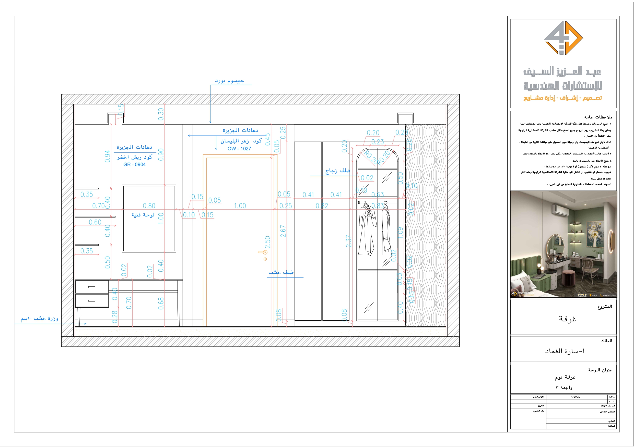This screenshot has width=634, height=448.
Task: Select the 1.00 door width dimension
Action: tap(240, 206)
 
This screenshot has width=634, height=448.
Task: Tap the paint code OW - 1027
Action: tap(239, 149)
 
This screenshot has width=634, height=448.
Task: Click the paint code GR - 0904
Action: tap(134, 164)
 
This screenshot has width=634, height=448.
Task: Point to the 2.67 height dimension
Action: tap(283, 231)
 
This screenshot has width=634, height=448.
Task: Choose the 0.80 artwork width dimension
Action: tap(149, 206)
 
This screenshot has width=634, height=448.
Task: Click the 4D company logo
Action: tap(563, 38)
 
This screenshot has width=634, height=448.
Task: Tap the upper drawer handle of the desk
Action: tap(92, 287)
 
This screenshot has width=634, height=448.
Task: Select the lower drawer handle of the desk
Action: tap(92, 301)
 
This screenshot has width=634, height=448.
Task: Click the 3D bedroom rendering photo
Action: tap(563, 244)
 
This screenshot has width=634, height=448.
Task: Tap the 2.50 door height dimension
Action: tap(267, 242)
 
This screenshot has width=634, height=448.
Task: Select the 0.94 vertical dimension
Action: tap(108, 156)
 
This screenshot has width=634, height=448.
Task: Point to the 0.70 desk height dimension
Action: tap(129, 303)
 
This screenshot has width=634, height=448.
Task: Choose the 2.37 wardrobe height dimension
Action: tap(349, 241)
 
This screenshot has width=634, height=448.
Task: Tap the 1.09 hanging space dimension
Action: tap(400, 232)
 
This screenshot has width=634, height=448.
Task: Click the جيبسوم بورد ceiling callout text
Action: tap(229, 81)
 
